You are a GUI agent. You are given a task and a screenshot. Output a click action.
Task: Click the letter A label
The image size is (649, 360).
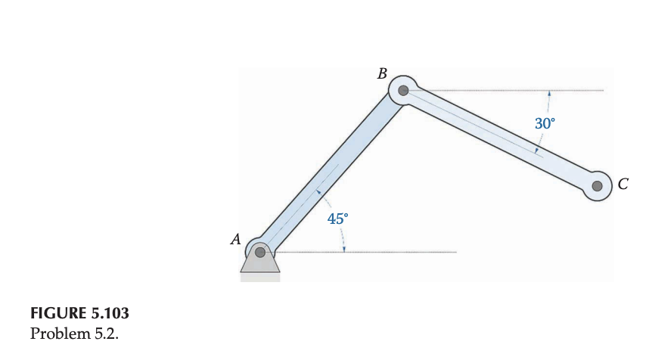[235, 241]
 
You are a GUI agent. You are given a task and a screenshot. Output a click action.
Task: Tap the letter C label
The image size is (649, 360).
[623, 183]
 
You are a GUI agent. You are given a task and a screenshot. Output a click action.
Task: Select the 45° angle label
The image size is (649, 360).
[338, 219]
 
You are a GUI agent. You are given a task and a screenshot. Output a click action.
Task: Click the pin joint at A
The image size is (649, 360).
[259, 252]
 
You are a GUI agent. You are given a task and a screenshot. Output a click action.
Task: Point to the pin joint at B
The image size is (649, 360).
[403, 91]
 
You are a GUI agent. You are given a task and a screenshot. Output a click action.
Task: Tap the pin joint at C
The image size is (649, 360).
[598, 185]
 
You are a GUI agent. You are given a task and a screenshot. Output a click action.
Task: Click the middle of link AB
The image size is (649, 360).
[331, 172]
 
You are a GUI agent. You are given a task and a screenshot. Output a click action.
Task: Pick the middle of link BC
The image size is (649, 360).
[500, 138]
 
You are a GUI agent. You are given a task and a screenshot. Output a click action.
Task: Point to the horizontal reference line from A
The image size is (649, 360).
[378, 252]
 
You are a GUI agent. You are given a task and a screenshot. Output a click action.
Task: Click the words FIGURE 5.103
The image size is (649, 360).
[73, 313]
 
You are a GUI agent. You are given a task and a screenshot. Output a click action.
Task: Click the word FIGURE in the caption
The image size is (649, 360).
[53, 313]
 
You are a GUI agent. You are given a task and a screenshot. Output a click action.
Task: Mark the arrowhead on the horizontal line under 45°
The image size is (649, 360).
[343, 249]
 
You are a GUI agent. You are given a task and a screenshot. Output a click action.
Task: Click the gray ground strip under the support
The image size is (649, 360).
[260, 277]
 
